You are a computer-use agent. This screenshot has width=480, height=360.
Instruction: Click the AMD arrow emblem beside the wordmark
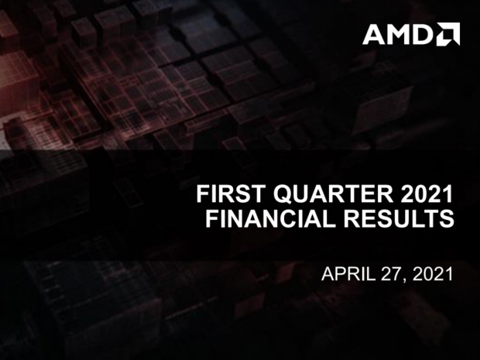[x=449, y=34]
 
